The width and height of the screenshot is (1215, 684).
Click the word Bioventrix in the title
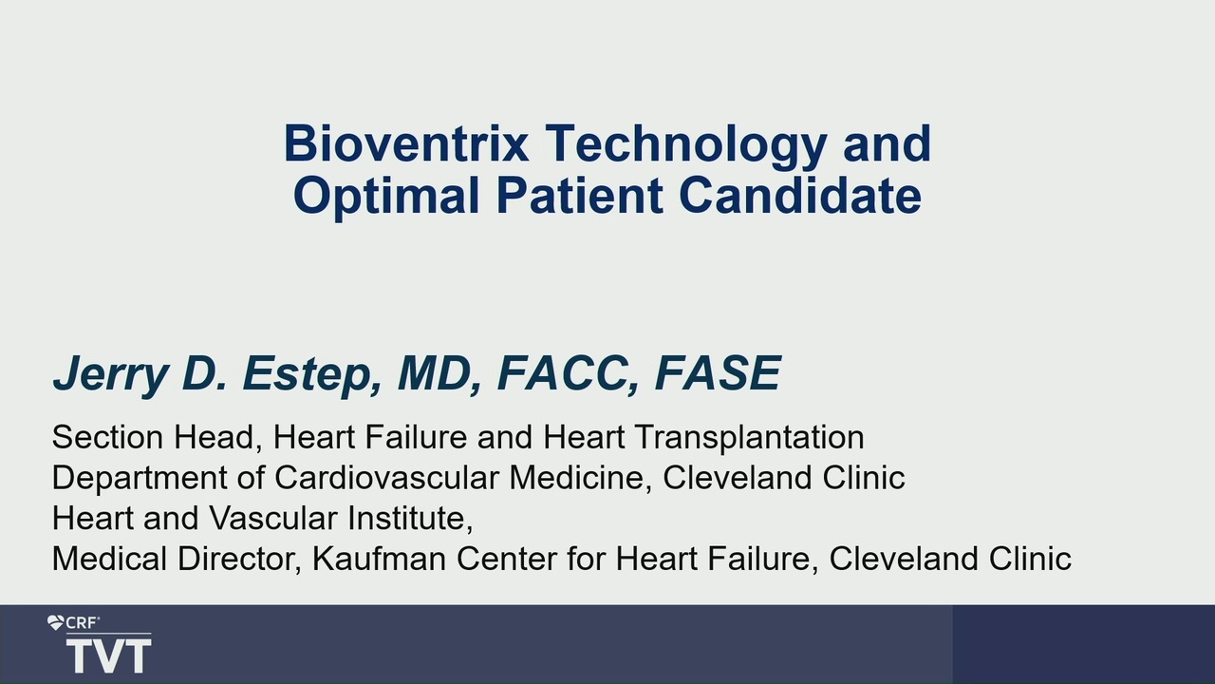pyautogui.click(x=406, y=143)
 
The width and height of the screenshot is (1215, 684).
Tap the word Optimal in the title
pyautogui.click(x=386, y=195)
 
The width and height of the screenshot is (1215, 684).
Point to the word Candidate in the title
pyautogui.click(x=800, y=195)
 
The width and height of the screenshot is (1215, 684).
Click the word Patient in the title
pyautogui.click(x=579, y=195)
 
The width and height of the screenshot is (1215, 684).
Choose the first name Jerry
pyautogui.click(x=111, y=374)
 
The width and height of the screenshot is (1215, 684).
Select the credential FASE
pyautogui.click(x=719, y=372)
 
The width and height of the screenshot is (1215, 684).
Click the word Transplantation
pyautogui.click(x=749, y=438)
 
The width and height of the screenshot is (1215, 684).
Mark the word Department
pyautogui.click(x=140, y=478)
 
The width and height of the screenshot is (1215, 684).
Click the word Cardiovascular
pyautogui.click(x=386, y=478)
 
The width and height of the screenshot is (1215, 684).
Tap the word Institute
pyautogui.click(x=410, y=519)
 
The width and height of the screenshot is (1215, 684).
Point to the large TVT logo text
pyautogui.click(x=108, y=655)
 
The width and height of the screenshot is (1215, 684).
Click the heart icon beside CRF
pyautogui.click(x=55, y=622)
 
